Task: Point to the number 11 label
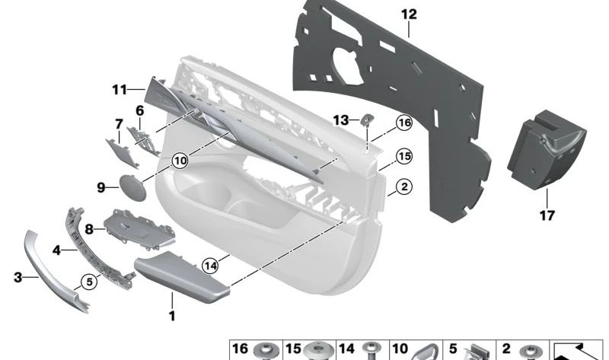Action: pyautogui.click(x=118, y=90)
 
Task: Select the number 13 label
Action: pyautogui.click(x=340, y=119)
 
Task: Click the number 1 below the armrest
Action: pyautogui.click(x=172, y=316)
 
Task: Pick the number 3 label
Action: pyautogui.click(x=18, y=278)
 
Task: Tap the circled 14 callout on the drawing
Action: pyautogui.click(x=210, y=265)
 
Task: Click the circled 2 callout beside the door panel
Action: pyautogui.click(x=403, y=185)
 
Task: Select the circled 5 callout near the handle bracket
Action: pyautogui.click(x=89, y=282)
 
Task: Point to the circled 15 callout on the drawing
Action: pyautogui.click(x=403, y=157)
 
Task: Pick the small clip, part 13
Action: pyautogui.click(x=367, y=119)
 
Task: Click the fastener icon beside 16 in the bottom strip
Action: pyautogui.click(x=266, y=351)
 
